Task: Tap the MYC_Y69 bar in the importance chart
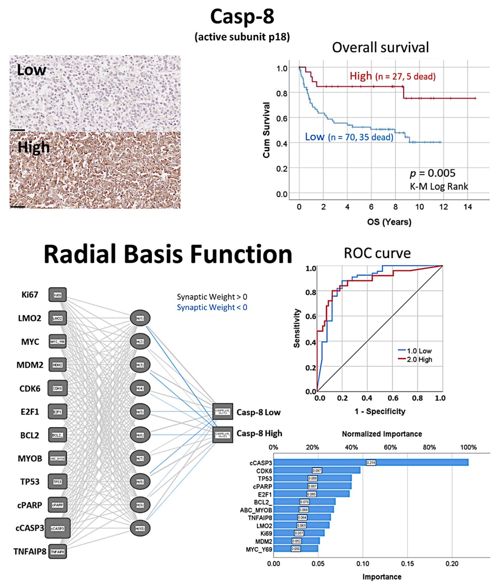[296, 549]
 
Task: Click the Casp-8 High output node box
[223, 434]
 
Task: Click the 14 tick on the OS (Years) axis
[468, 207]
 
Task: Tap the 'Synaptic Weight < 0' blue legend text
[212, 307]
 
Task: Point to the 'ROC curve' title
[377, 253]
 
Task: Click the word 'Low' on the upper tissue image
[31, 70]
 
